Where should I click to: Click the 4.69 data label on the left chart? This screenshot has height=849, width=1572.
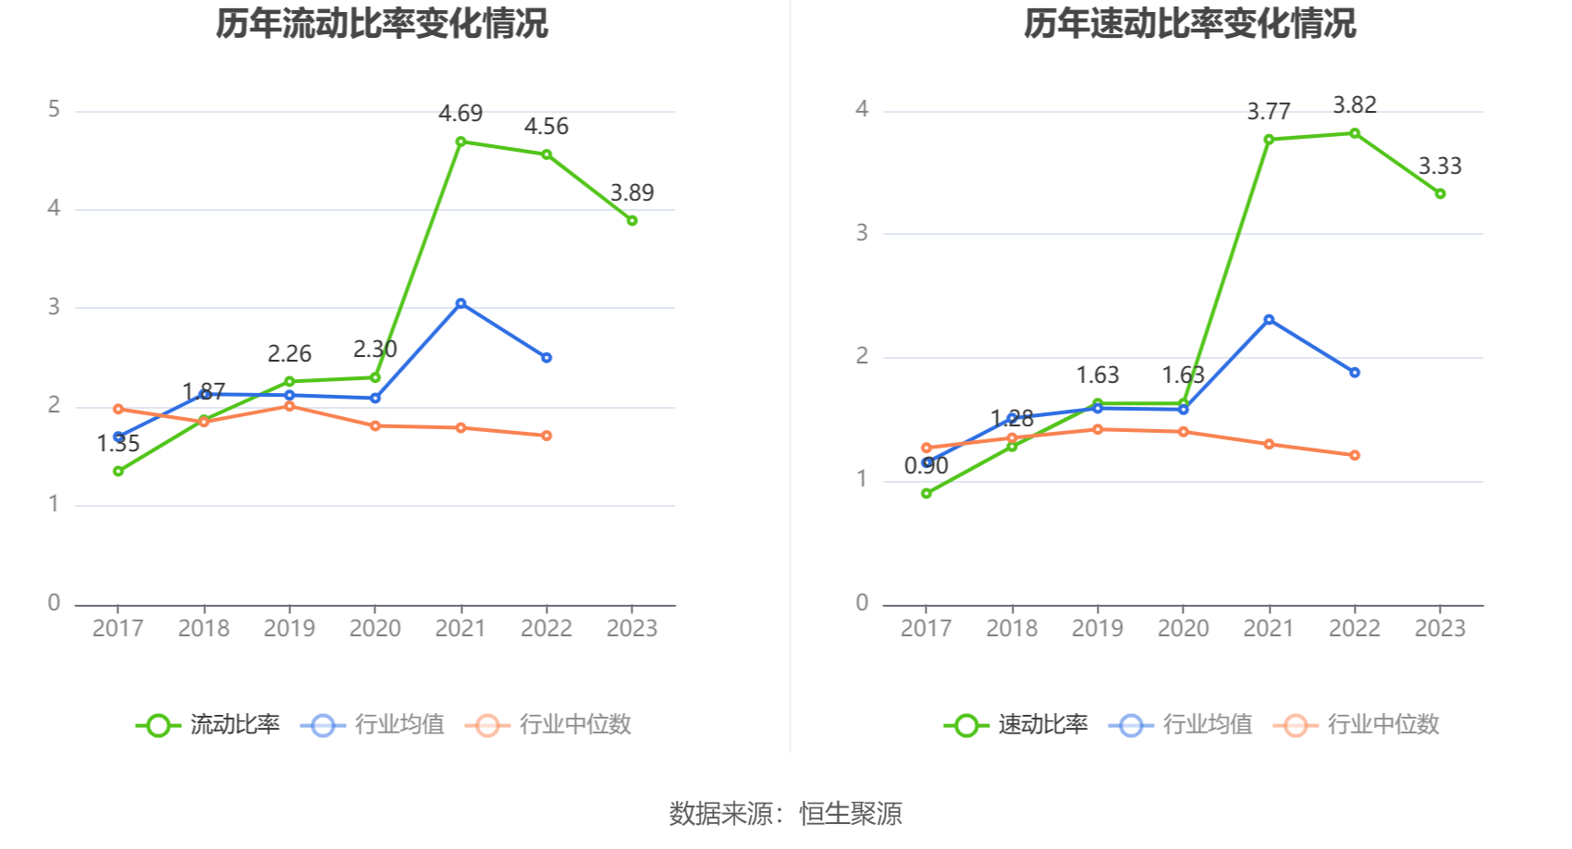[461, 114]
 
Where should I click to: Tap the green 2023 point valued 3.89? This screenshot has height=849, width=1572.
[632, 220]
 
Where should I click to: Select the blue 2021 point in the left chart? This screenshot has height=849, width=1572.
[461, 303]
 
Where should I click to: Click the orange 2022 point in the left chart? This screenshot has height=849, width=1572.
[547, 436]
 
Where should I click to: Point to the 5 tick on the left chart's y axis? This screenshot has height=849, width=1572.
[54, 110]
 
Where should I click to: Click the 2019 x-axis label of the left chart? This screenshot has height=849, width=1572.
[289, 629]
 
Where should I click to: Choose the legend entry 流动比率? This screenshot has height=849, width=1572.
[208, 725]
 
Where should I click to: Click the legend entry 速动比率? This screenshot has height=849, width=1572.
[1016, 725]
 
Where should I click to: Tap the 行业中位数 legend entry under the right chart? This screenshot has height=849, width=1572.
[1357, 725]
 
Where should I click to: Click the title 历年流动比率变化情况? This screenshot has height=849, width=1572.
[382, 23]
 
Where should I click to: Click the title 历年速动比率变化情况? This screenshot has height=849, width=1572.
[1189, 23]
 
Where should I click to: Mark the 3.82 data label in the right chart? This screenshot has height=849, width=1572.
[1355, 105]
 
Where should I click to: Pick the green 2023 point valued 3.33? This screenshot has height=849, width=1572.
[1440, 193]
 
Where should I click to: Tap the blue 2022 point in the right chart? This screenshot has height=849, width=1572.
[1355, 373]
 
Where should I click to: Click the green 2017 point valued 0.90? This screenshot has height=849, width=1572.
[927, 493]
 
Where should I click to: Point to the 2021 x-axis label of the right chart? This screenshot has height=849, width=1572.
[1269, 629]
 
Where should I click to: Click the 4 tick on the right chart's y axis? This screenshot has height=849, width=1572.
[862, 110]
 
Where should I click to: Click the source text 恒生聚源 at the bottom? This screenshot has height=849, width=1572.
[850, 814]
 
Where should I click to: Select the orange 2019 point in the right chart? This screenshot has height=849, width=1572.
[1098, 429]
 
